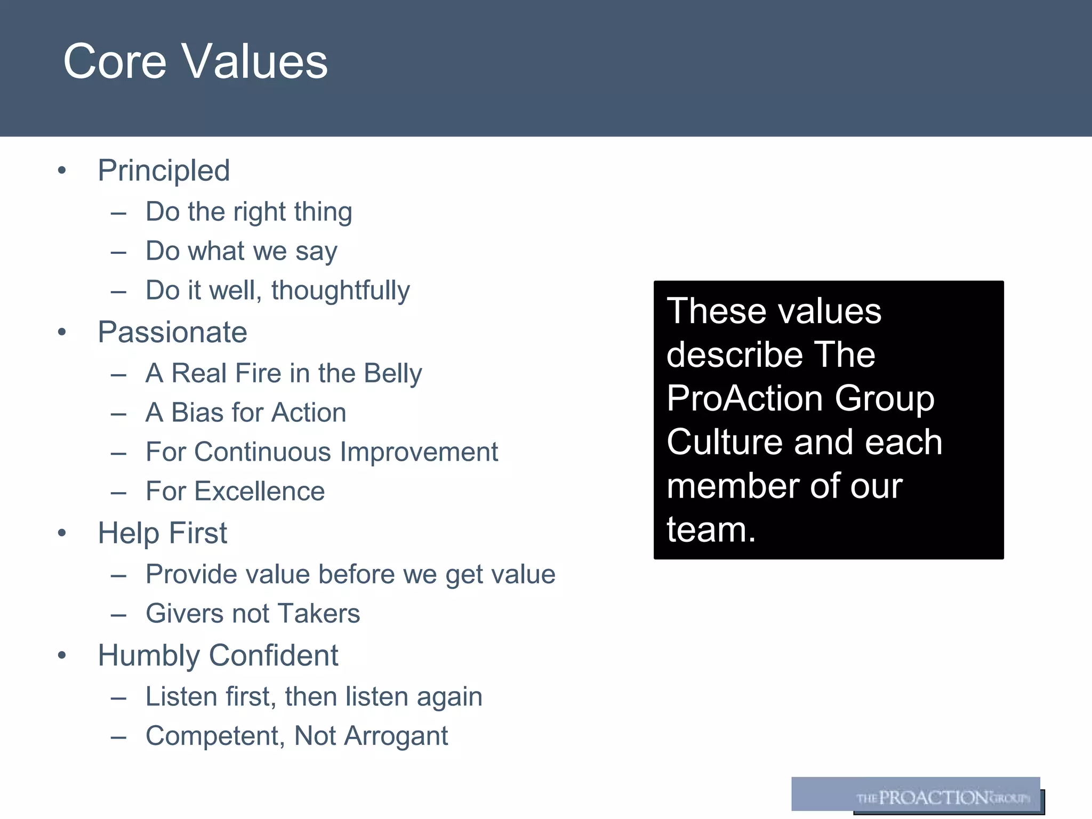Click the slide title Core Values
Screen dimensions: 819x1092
coord(195,61)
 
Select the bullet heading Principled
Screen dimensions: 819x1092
coord(164,171)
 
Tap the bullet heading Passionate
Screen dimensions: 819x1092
coord(172,332)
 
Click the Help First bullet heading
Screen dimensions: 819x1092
coord(162,533)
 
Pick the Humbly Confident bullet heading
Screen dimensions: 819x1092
coord(218,655)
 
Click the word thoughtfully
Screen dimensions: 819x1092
coord(340,291)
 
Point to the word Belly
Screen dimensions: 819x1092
coord(392,373)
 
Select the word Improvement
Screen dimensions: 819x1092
coord(419,452)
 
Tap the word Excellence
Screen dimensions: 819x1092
coord(259,491)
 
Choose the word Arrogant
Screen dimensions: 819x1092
coord(396,736)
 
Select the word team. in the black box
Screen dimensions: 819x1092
coord(711,529)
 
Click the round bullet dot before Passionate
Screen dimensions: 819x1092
coord(62,332)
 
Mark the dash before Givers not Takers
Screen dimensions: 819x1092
coord(118,615)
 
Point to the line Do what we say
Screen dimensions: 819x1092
coord(241,251)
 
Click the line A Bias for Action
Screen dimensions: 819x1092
coord(246,413)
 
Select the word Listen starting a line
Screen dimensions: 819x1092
coord(181,697)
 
